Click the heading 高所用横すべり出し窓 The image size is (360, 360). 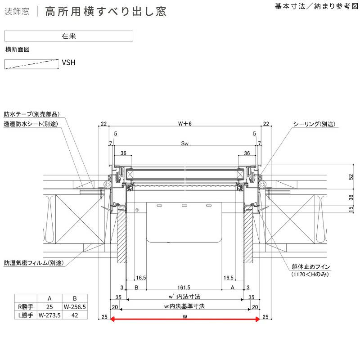point(106,12)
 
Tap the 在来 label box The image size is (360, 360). point(68,36)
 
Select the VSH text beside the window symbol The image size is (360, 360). point(68,63)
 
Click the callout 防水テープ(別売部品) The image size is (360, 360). point(32,114)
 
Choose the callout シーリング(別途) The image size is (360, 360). point(314,124)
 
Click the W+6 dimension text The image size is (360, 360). point(185,124)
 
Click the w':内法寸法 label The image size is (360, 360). point(185,297)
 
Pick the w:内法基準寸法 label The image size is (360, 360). point(185,306)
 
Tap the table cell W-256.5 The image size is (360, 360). point(75,307)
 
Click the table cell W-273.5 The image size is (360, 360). point(49,316)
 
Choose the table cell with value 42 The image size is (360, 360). point(75,316)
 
